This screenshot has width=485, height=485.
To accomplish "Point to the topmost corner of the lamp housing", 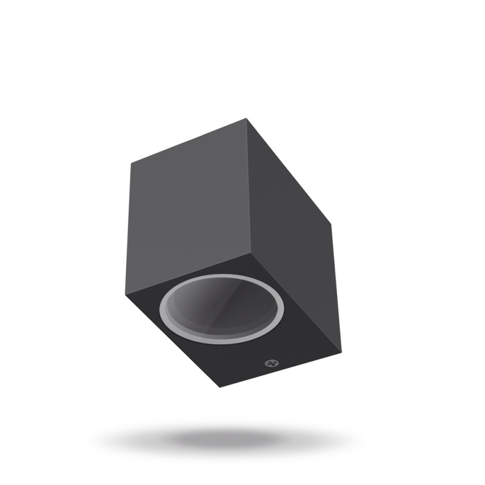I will tap(247, 119).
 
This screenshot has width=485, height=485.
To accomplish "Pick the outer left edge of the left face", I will tap(129, 227).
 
